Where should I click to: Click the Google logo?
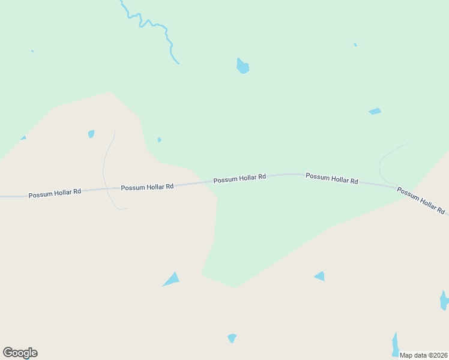coord(20,353)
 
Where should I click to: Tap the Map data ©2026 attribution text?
coord(424,355)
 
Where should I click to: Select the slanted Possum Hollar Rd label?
coord(420,201)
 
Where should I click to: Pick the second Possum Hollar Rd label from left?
coord(147,187)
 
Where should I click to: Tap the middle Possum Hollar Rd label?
coord(240,178)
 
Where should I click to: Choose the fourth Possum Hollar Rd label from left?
coord(332,178)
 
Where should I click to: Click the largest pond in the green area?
coord(243,66)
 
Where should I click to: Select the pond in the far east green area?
coord(375,112)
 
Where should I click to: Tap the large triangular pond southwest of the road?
coord(172,280)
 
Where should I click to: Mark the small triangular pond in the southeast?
coord(321,276)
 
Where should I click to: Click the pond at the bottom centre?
coord(232,338)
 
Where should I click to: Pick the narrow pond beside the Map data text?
coord(395,344)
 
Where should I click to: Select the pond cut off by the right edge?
coord(444,300)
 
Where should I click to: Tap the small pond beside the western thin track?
coord(91,134)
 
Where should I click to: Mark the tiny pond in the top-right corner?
coord(355,44)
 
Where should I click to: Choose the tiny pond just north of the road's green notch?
coord(159,140)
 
